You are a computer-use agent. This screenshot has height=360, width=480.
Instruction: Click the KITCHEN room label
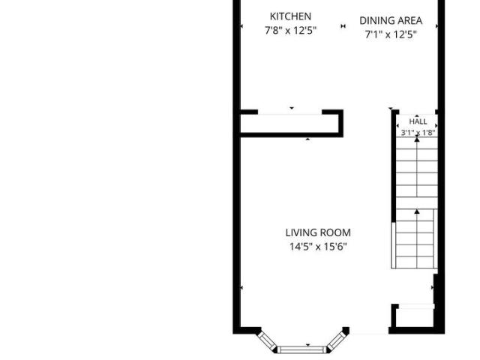(290, 16)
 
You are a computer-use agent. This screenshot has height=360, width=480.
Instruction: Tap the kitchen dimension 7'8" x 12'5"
(290, 31)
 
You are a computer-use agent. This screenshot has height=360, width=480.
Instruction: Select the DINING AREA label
(391, 20)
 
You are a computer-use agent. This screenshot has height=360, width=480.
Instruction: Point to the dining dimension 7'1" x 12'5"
(391, 34)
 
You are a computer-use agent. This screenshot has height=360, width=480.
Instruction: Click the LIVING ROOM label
(318, 232)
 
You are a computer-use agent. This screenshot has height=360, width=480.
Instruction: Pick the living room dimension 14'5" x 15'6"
(318, 247)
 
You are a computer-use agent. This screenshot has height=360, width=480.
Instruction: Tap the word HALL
(418, 121)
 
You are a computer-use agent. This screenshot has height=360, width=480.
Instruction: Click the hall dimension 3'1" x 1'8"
(418, 133)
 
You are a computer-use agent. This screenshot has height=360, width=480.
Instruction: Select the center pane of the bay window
(301, 349)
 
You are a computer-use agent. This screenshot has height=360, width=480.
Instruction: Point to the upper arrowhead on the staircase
(417, 139)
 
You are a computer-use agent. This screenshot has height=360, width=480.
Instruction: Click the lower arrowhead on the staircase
(417, 211)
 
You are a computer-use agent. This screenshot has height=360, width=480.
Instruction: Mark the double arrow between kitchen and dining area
(343, 26)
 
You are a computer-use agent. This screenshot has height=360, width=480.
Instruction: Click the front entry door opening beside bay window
(369, 333)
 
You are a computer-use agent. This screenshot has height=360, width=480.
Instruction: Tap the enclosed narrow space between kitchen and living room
(289, 124)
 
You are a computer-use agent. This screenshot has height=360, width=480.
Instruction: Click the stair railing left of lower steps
(393, 245)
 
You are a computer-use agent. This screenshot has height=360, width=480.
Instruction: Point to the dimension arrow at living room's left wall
(241, 288)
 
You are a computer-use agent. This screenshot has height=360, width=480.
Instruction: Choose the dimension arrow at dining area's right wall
(436, 26)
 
